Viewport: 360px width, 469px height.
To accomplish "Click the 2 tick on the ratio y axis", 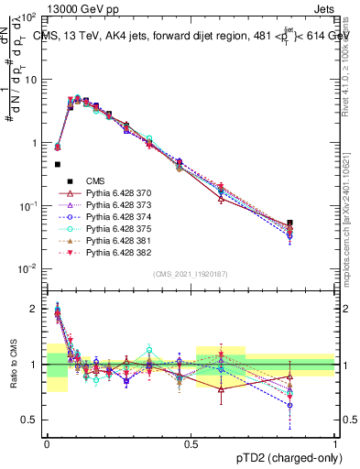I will (37, 309).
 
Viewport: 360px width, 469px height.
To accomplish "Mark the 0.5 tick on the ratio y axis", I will (32, 420).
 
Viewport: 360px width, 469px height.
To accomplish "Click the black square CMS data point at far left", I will (58, 165).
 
